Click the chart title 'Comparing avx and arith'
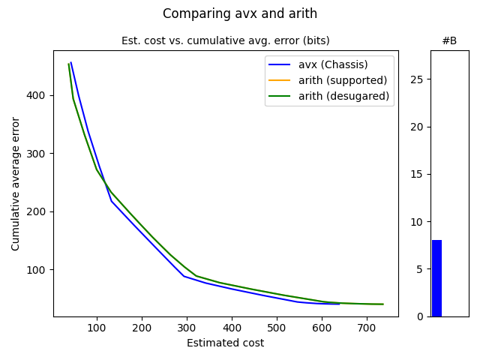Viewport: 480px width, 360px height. click(x=240, y=13)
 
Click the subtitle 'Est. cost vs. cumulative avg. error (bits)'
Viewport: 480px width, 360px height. click(x=225, y=40)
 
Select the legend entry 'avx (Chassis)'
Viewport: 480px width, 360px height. click(x=334, y=64)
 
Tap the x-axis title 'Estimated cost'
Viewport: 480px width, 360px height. click(x=225, y=343)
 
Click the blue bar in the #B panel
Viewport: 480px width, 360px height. click(x=436, y=278)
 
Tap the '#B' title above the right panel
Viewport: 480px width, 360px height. click(x=449, y=40)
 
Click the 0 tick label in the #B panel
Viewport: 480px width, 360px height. click(x=421, y=316)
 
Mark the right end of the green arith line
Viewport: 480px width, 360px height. click(x=383, y=304)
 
